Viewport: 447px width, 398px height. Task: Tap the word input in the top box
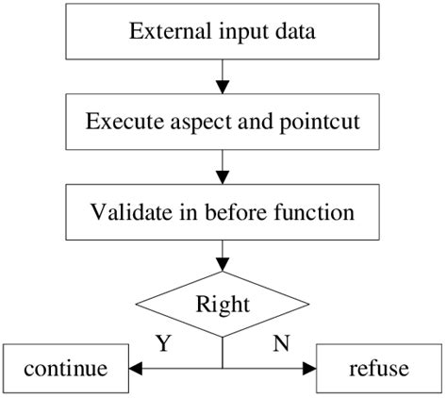[229, 33]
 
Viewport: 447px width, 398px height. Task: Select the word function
[311, 211]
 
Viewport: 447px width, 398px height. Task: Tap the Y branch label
[162, 344]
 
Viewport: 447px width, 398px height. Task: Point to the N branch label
[281, 344]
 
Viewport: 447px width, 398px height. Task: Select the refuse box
[379, 369]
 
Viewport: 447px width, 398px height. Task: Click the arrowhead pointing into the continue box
[136, 369]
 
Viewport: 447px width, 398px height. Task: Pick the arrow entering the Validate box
[223, 167]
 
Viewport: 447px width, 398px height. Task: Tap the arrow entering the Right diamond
[223, 257]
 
